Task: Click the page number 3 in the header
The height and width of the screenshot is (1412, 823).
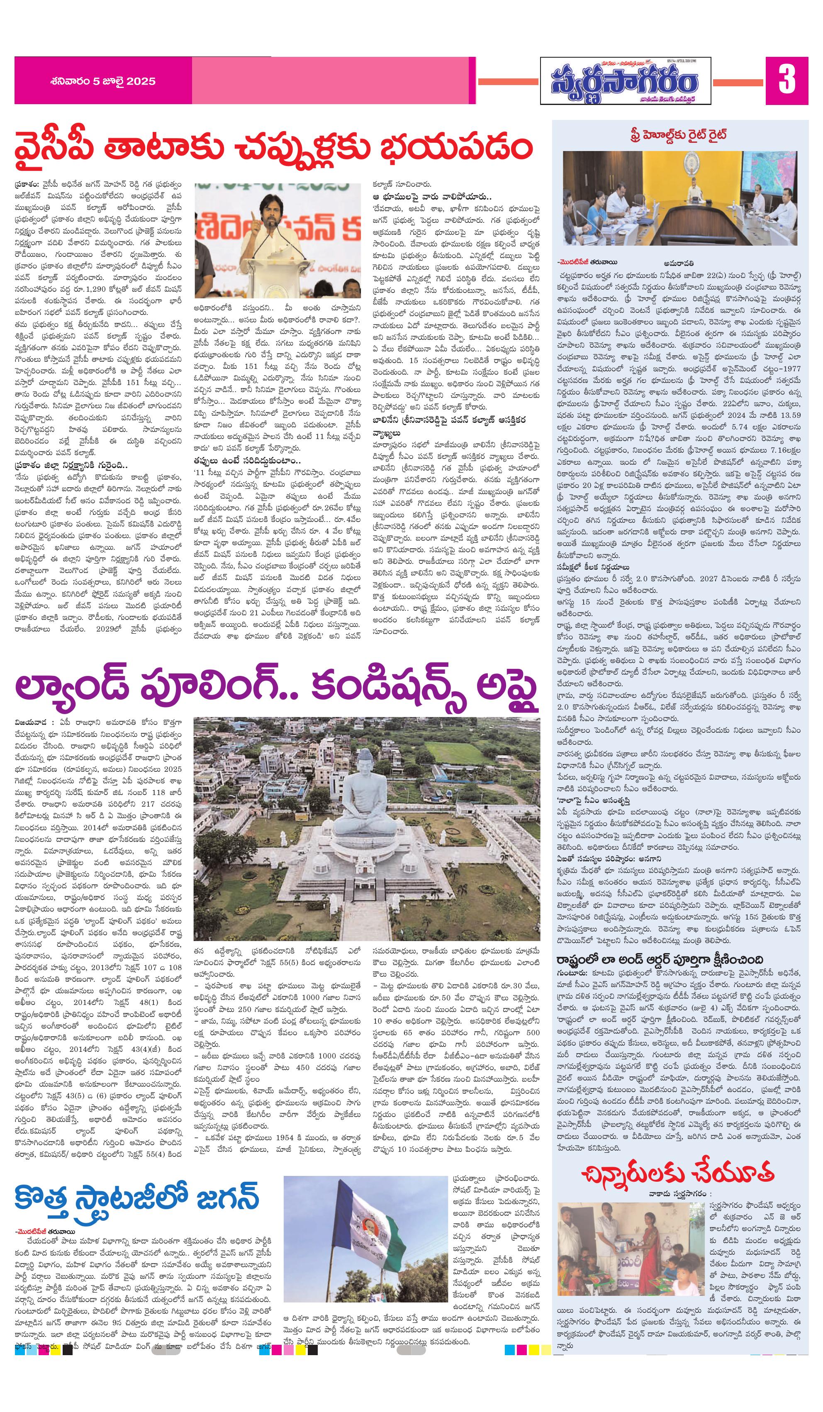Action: point(786,80)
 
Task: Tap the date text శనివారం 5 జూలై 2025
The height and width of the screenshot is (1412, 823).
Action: point(102,81)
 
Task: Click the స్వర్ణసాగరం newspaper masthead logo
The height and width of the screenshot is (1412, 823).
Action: point(625,82)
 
